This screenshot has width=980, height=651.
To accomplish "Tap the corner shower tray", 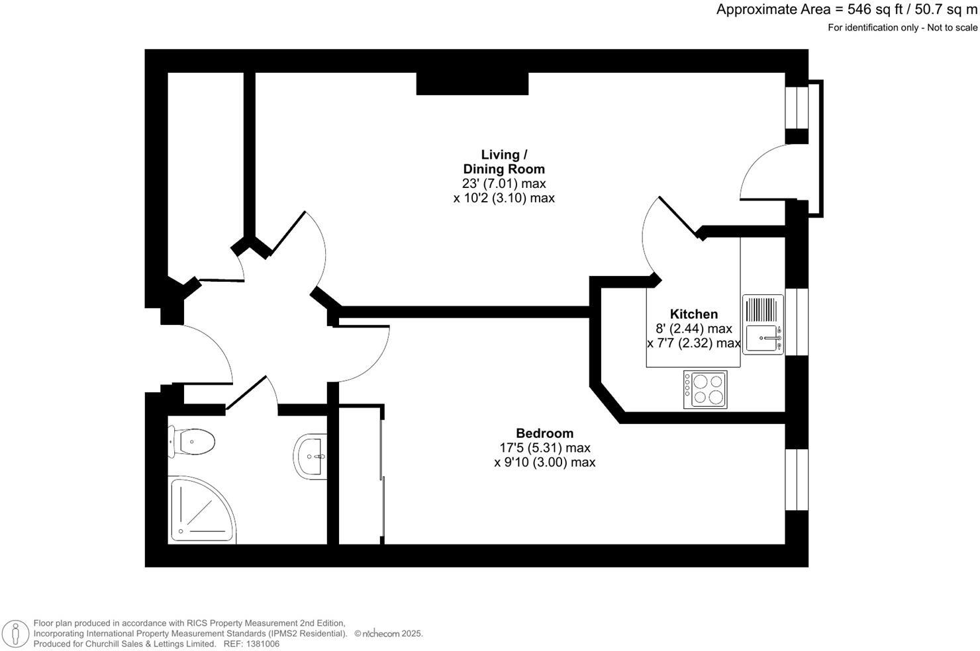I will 202,509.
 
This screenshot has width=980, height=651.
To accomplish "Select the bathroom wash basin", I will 310,455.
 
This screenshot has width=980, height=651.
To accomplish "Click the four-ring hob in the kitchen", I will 706,389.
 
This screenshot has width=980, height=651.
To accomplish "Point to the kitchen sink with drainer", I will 763,324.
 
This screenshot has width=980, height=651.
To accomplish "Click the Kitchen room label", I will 693,314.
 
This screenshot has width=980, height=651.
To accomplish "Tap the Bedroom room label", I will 544,433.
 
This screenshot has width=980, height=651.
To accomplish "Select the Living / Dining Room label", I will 504,161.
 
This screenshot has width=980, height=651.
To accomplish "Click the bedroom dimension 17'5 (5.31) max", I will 544,448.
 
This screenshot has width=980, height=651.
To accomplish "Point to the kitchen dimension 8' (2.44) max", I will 693,329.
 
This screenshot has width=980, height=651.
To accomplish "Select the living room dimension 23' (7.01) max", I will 504,183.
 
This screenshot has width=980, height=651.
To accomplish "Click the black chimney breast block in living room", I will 472,83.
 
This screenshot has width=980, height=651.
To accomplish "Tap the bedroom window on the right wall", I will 797,480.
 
